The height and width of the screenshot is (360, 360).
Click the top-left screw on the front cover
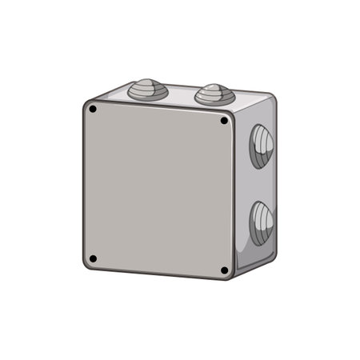[93, 108]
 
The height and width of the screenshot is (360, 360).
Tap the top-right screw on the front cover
[224, 121]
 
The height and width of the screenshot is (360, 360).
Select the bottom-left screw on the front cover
[93, 258]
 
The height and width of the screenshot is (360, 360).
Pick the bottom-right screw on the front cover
[224, 270]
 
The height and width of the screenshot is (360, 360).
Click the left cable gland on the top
[148, 90]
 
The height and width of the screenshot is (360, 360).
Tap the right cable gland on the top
[214, 95]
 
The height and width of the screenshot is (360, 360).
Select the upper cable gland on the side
[261, 146]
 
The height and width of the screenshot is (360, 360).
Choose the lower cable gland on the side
[261, 222]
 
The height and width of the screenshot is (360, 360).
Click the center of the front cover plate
[158, 189]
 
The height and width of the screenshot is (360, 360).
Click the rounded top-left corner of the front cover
[86, 102]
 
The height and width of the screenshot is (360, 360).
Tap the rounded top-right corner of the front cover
[231, 115]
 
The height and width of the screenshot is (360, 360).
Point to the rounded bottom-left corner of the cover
[86, 265]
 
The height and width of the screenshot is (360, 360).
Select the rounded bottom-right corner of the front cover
[230, 276]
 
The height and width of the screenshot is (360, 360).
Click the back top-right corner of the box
[273, 98]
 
